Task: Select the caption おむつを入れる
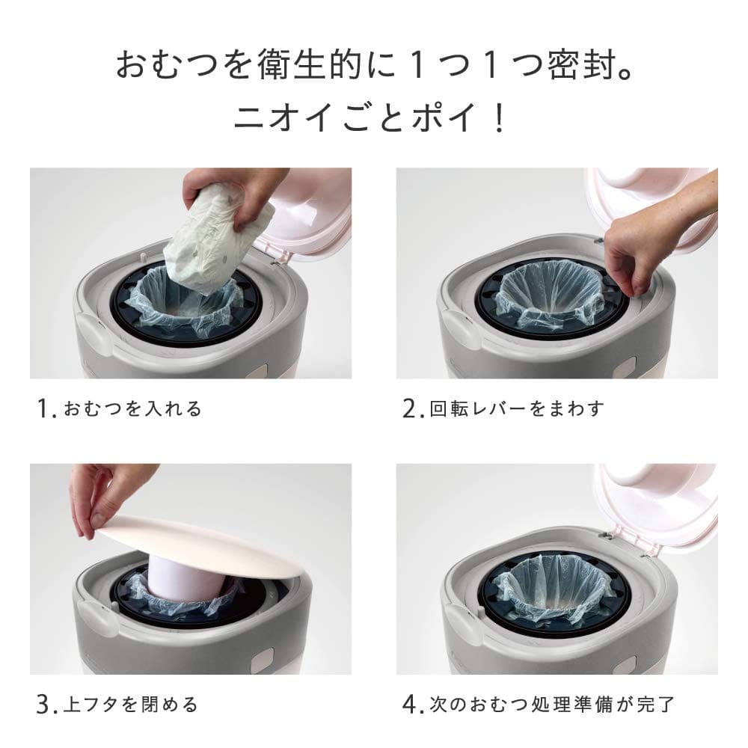pos(132,409)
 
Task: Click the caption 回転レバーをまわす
pos(517,409)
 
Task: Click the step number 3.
pos(43,705)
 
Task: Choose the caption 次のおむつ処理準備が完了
pos(553,705)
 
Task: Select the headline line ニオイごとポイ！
pos(370,118)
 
